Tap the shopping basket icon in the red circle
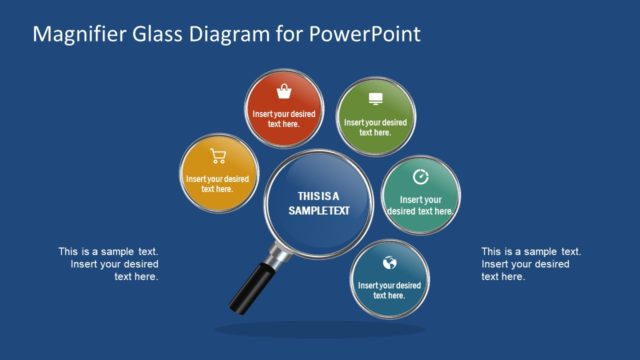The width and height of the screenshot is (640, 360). pyautogui.click(x=284, y=93)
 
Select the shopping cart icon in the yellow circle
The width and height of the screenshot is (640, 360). pyautogui.click(x=218, y=155)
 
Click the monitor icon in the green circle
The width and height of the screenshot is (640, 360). pyautogui.click(x=375, y=99)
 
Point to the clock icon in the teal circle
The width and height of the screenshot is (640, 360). pyautogui.click(x=420, y=177)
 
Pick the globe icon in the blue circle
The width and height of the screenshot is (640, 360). pyautogui.click(x=389, y=263)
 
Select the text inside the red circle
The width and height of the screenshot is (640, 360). pyautogui.click(x=284, y=120)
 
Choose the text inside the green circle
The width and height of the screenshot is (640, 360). pyautogui.click(x=375, y=127)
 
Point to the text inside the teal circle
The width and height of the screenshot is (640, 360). pyautogui.click(x=420, y=205)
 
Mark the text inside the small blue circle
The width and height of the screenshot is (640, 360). pyautogui.click(x=389, y=291)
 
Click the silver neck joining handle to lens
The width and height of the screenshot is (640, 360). pyautogui.click(x=278, y=257)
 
